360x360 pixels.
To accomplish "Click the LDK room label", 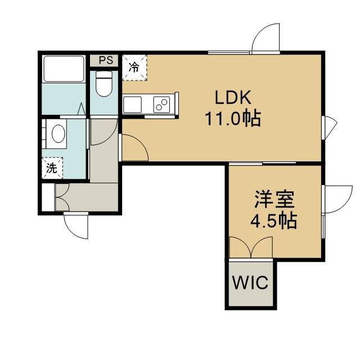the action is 233,97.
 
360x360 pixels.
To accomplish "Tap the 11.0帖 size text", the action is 233,119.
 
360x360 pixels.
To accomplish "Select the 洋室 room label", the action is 274,199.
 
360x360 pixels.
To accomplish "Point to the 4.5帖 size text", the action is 274,220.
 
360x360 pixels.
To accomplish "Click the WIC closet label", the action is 250,282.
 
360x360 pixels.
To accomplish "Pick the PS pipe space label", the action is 106,60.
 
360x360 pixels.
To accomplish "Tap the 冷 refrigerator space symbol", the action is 134,67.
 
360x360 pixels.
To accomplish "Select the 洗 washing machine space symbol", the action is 52,168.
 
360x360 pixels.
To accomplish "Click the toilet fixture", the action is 103,84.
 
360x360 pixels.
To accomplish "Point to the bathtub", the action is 64,69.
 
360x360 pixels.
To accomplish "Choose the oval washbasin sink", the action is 58,134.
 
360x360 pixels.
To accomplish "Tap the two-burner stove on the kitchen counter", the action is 161,105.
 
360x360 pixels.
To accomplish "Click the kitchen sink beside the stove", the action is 132,105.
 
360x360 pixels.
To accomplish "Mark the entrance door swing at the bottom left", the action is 76,226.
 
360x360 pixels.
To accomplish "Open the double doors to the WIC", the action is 251,247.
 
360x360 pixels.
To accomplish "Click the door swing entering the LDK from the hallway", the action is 134,147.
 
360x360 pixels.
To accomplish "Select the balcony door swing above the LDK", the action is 266,38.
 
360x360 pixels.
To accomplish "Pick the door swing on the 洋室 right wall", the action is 337,199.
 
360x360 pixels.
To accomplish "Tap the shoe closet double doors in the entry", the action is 62,197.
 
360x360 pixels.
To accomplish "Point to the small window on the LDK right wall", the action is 330,128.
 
